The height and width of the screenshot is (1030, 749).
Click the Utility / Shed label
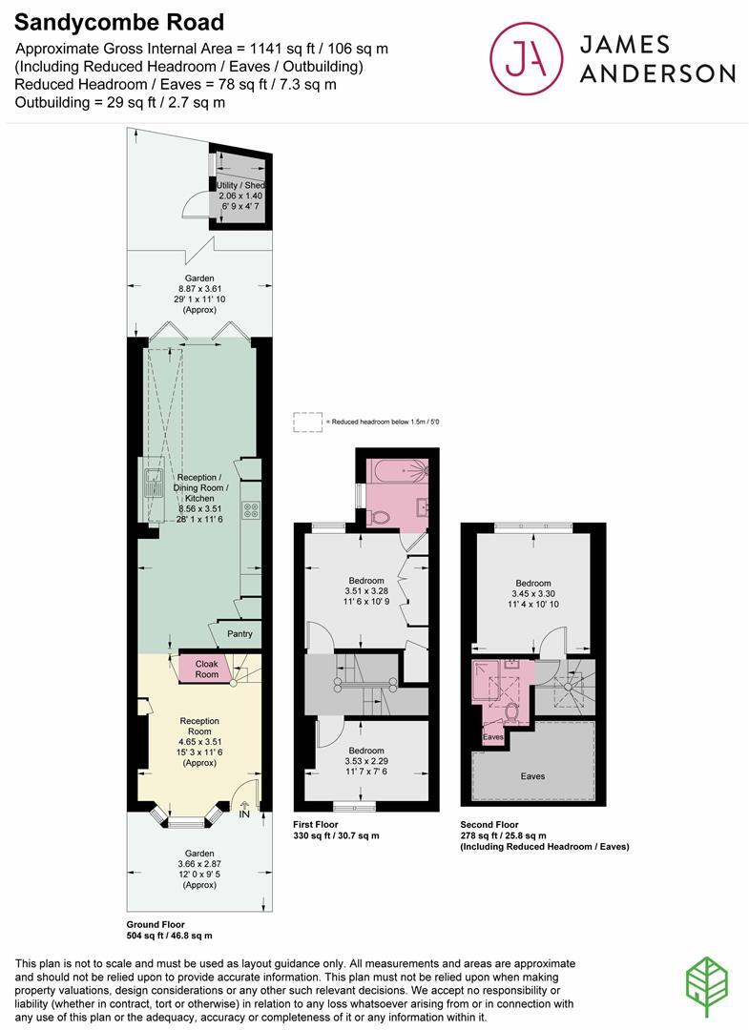pyautogui.click(x=240, y=185)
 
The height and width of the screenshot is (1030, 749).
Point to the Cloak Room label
pyautogui.click(x=207, y=669)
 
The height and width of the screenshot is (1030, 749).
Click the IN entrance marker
pyautogui.click(x=243, y=814)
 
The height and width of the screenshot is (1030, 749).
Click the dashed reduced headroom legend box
pyautogui.click(x=307, y=421)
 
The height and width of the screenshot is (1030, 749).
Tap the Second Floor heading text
pyautogui.click(x=489, y=824)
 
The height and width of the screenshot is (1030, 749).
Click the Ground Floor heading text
pyautogui.click(x=156, y=925)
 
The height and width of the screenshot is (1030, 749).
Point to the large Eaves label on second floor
pyautogui.click(x=533, y=776)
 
